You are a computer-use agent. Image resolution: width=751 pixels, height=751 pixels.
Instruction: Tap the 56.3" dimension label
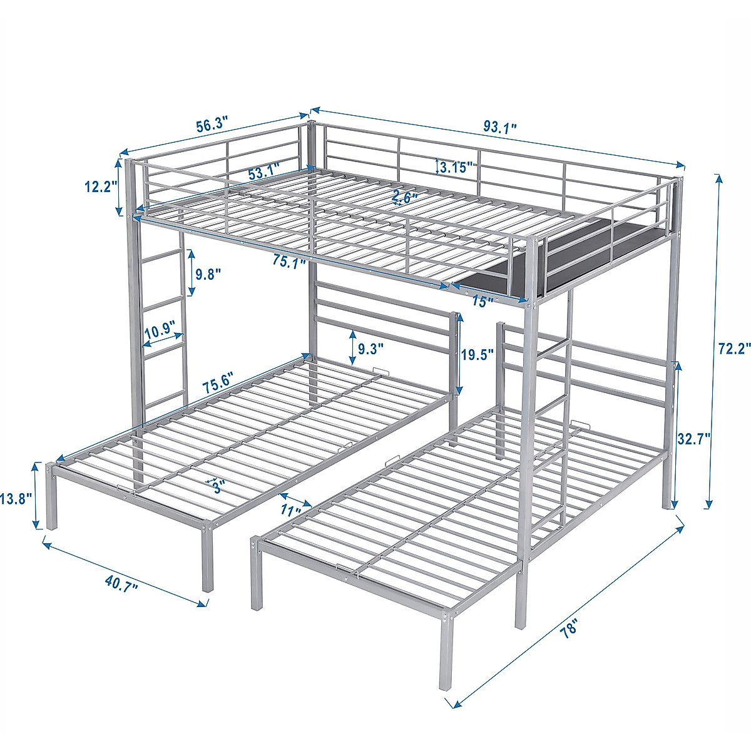pos(212,125)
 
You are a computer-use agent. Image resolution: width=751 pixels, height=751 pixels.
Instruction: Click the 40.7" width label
pos(121,585)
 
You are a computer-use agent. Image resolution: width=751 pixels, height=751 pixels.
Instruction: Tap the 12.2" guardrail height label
pos(100,186)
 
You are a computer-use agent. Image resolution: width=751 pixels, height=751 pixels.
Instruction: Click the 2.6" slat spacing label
pos(405,197)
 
